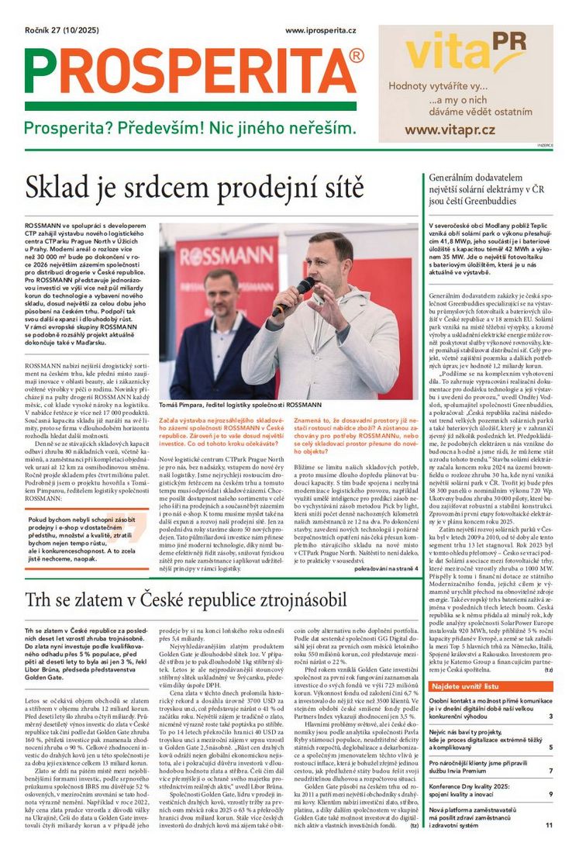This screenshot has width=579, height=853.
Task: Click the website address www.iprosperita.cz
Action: tap(321, 30)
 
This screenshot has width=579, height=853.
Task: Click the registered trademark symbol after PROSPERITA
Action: tap(356, 56)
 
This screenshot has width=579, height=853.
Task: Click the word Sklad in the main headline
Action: tap(62, 188)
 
